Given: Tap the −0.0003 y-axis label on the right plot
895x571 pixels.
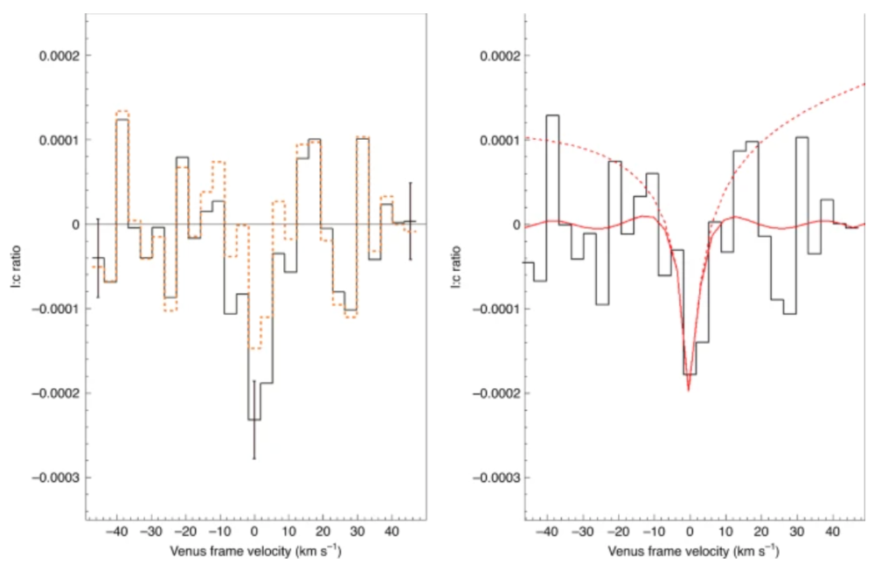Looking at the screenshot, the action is [x=496, y=477].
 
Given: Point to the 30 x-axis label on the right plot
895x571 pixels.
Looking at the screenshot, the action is [x=797, y=532].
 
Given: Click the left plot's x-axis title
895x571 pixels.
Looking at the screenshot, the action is [x=256, y=551].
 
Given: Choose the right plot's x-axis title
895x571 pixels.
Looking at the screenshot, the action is [x=693, y=551].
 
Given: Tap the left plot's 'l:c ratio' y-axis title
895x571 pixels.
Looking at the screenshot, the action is [x=16, y=266].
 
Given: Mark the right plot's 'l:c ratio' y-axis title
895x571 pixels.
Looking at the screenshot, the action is [x=456, y=266].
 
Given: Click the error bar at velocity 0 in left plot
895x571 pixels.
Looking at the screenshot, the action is [x=254, y=420].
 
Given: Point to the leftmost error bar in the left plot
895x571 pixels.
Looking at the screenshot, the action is [x=98, y=258].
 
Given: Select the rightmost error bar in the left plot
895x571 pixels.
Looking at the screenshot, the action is [x=410, y=221].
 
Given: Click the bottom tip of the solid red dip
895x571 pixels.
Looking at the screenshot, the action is [x=689, y=391].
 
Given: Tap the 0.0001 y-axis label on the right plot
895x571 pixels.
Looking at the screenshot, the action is [x=499, y=140].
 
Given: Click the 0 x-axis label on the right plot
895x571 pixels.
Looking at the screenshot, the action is [x=690, y=532].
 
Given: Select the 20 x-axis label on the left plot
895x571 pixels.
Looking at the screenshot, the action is [x=323, y=532].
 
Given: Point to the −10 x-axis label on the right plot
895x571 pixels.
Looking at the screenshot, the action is [x=654, y=532].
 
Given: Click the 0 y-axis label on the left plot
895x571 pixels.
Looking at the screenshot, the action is [x=75, y=225].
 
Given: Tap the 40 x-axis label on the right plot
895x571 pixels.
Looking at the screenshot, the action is [x=833, y=532].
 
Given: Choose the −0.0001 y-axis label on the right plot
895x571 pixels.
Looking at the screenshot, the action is [x=496, y=309].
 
